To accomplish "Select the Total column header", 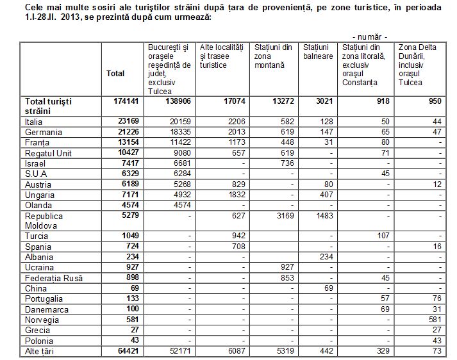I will tap(116, 74).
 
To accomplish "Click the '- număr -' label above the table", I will tap(370, 37).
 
